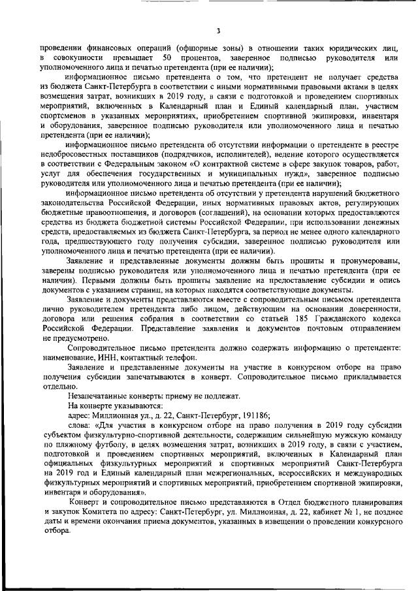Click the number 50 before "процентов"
(175, 59)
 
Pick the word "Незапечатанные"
(100, 396)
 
